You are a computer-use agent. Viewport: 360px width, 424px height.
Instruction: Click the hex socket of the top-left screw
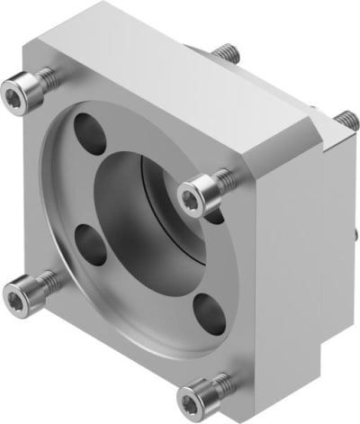pyautogui.click(x=15, y=90)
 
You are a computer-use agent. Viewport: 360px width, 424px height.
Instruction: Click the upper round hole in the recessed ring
pyautogui.click(x=89, y=131)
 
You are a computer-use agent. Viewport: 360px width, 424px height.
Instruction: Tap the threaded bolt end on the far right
pyautogui.click(x=344, y=119)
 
